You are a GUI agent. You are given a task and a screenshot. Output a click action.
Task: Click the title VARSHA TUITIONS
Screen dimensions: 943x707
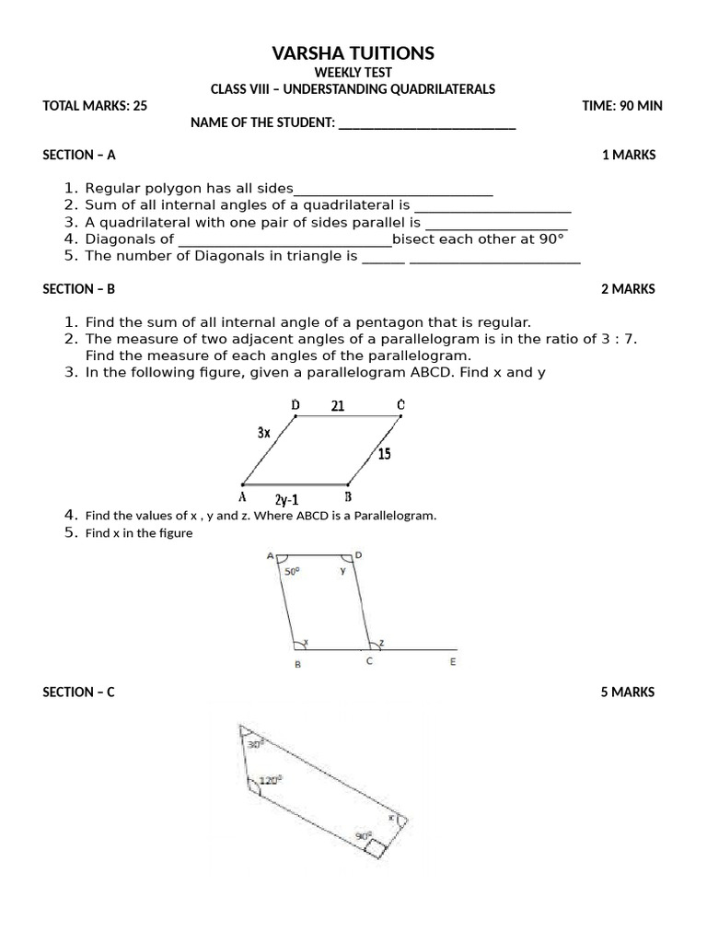coord(353,53)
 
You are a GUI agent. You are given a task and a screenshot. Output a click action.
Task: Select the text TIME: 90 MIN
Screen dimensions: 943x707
coord(622,106)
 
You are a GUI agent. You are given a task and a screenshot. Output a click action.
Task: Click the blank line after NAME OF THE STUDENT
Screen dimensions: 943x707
coord(427,124)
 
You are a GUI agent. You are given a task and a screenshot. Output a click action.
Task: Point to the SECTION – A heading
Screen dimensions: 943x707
coord(79,155)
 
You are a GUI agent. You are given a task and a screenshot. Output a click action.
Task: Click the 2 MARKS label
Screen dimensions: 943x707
coord(628,288)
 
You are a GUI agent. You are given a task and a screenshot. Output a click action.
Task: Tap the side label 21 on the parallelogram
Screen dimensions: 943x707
coord(338,405)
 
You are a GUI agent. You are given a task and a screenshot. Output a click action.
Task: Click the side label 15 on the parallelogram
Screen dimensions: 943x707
coord(384,454)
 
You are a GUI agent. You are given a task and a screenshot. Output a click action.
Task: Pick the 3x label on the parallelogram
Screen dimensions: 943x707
coord(263,433)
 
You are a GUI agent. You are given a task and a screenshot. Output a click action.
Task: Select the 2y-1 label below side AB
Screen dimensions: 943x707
coord(287,500)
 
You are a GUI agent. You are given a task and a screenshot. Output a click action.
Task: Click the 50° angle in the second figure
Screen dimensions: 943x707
coord(292,572)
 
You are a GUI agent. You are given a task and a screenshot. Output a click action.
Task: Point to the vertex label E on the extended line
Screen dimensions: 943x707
coord(452,662)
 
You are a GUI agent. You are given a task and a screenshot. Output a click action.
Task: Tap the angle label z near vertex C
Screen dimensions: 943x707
coord(381,641)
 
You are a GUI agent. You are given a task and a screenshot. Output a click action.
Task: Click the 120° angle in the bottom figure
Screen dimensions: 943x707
coord(270,779)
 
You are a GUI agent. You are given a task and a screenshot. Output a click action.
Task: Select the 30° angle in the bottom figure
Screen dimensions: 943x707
coord(255,743)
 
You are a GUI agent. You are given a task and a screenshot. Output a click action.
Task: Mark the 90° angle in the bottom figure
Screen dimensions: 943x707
coord(364,836)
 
